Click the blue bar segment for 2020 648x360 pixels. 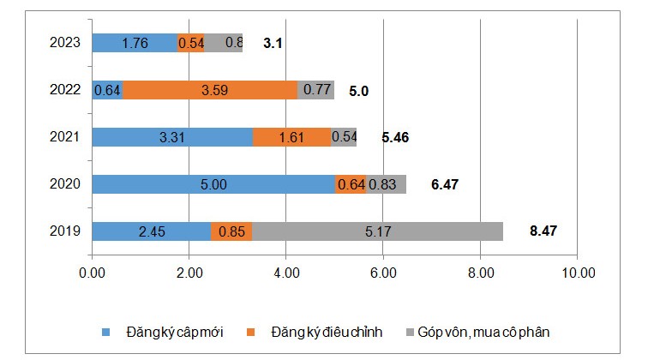[213, 184]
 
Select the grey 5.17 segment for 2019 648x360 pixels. [377, 231]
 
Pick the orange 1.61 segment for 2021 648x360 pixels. [292, 137]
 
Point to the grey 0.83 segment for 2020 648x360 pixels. [386, 184]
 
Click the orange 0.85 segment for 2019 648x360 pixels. [231, 231]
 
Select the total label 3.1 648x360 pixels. [273, 42]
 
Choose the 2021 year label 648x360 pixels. [65, 137]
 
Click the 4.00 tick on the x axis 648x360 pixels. [285, 273]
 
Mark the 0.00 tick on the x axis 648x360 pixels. [92, 273]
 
